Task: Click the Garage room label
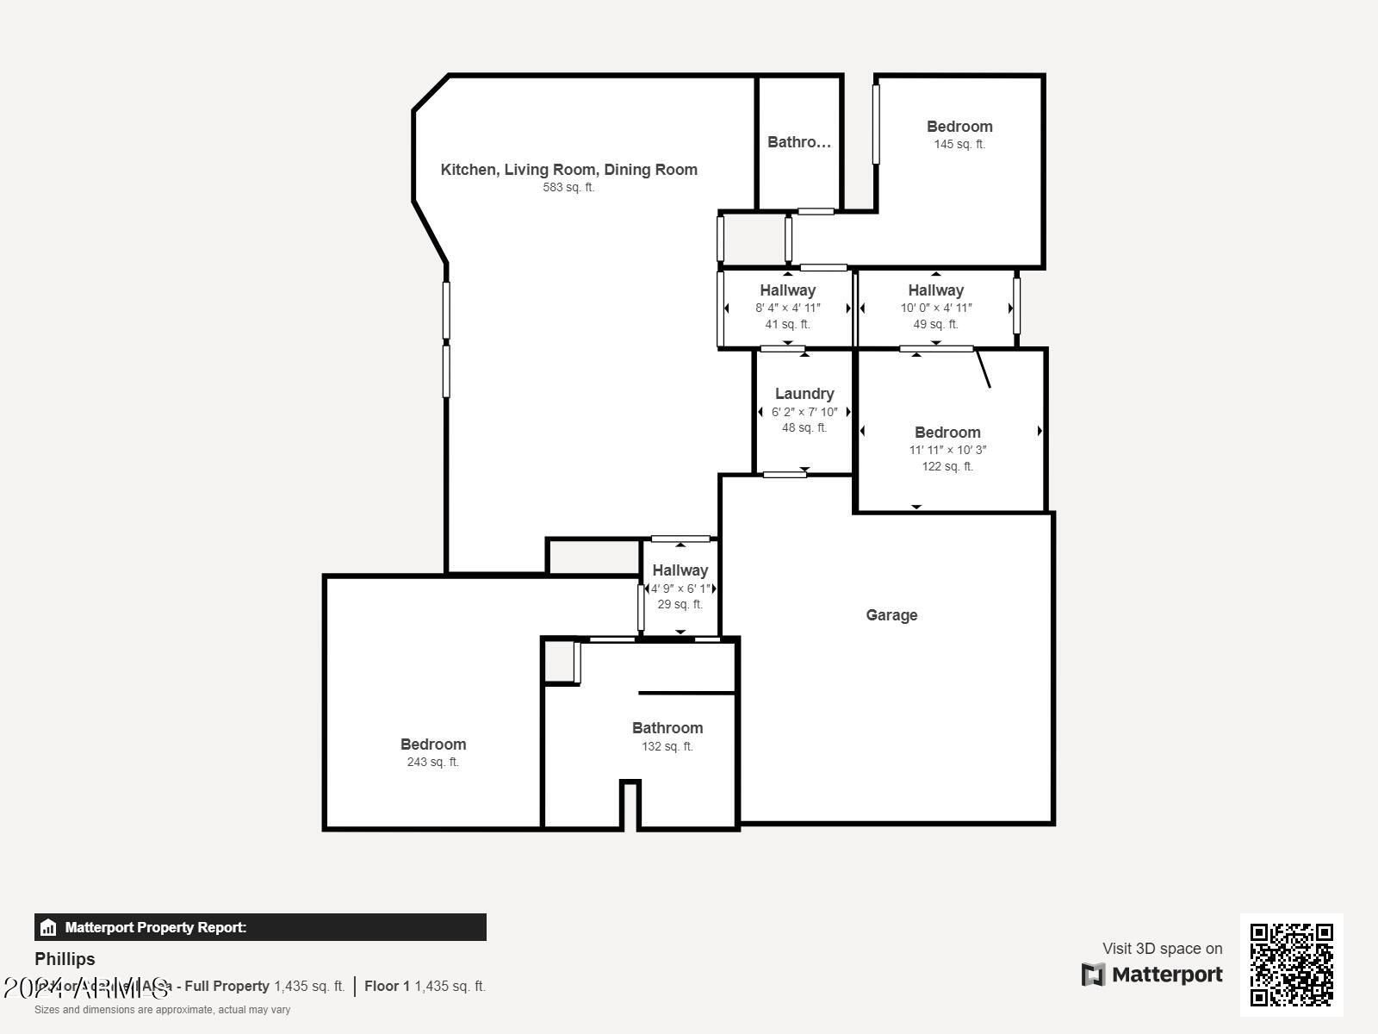[891, 615]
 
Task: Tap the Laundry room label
[804, 394]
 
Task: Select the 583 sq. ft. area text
[568, 187]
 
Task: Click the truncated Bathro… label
[799, 142]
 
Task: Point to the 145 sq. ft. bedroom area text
[959, 144]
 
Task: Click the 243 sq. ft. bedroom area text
[432, 762]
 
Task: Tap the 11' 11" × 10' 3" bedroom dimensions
[947, 450]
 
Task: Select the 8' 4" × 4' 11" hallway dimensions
[788, 308]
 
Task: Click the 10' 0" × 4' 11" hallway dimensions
[936, 308]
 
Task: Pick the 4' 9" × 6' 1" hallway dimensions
[680, 589]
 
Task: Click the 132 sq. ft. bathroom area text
[667, 746]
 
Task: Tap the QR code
[1291, 964]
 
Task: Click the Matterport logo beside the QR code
[1151, 975]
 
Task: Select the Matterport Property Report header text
[156, 927]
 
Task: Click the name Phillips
[65, 959]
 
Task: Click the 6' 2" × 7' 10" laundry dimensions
[804, 412]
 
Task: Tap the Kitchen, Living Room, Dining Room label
[568, 170]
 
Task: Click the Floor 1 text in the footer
[387, 986]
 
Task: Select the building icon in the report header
[48, 927]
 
